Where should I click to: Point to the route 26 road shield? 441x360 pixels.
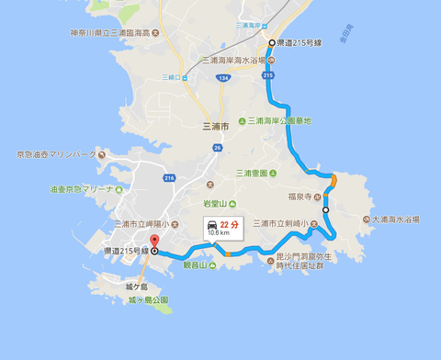(216, 147)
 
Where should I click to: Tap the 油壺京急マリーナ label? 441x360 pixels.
(81, 190)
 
